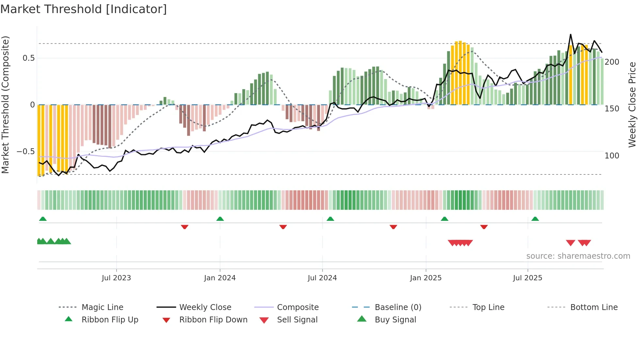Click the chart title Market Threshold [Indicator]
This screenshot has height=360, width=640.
84,9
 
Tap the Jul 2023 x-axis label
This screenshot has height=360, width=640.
116,278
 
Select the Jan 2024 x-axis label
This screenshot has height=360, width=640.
220,278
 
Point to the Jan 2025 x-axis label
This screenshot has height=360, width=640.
426,278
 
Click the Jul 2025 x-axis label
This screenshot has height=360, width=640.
527,278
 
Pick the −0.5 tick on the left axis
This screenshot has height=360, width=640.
25,152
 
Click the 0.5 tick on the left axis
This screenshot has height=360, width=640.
28,58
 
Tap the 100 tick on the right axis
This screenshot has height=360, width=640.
612,156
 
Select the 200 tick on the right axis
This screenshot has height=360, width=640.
612,62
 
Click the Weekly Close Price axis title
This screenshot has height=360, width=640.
632,105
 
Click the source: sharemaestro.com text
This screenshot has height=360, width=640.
578,256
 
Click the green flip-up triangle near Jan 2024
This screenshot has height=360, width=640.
220,219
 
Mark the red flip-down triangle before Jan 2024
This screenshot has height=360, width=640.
184,227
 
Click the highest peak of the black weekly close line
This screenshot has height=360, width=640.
570,35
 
